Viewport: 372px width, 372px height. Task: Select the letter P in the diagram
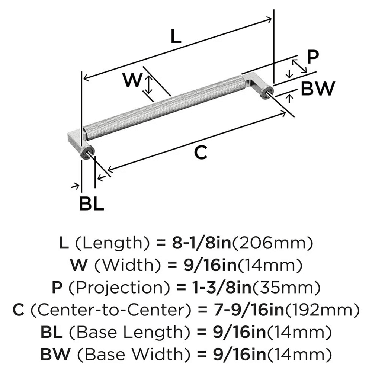[313, 56]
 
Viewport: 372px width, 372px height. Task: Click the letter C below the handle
[201, 153]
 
